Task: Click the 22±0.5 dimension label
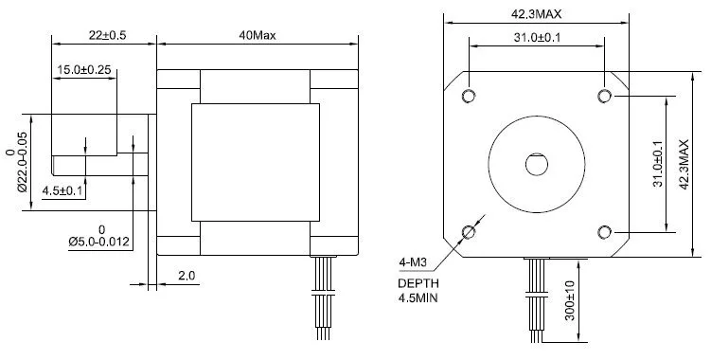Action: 107,35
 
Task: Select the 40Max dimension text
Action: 258,35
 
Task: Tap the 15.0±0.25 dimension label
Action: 84,70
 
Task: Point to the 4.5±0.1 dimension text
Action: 62,191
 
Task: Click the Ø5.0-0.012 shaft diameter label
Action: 99,242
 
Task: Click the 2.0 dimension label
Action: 187,276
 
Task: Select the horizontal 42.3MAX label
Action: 537,14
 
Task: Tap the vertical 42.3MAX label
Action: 684,164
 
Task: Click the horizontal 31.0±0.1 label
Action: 537,38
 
